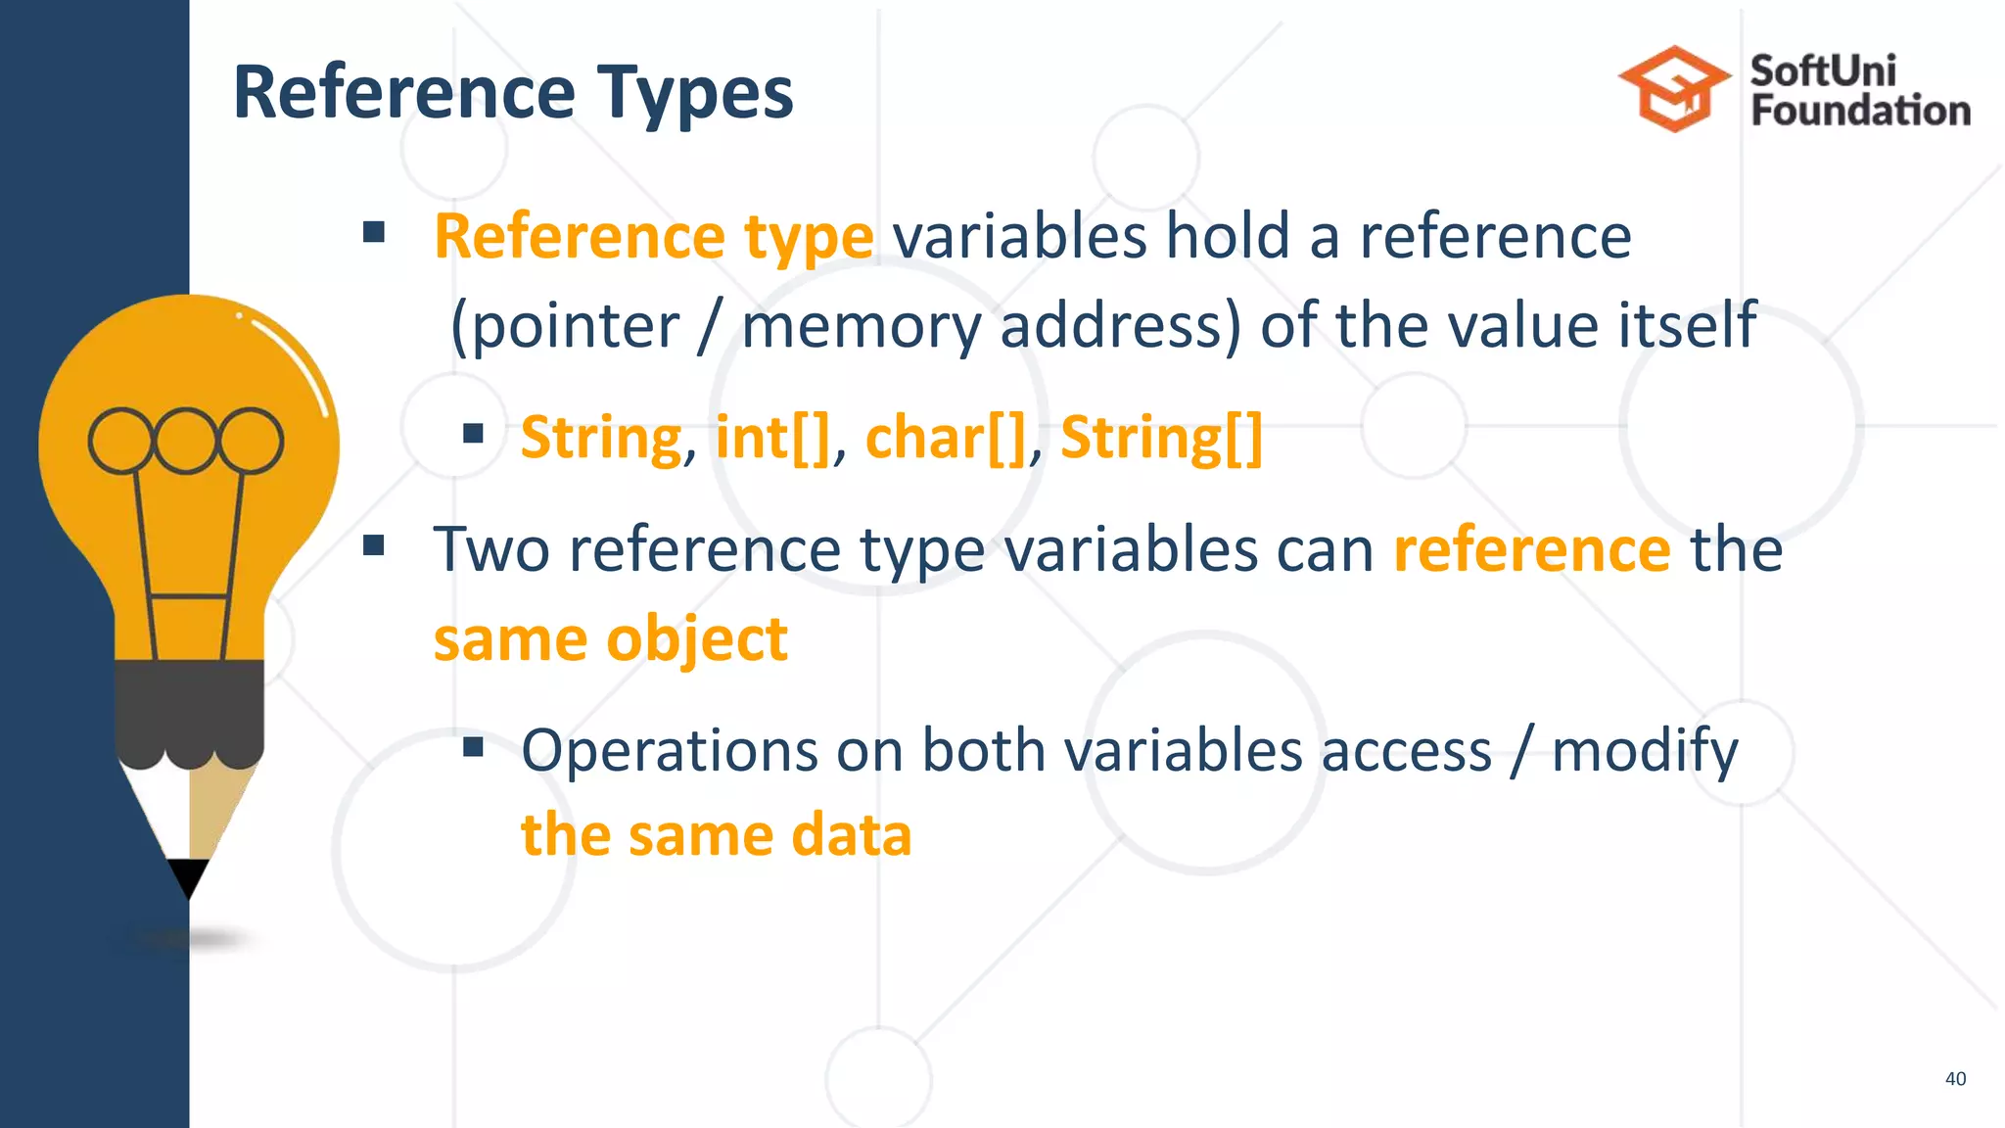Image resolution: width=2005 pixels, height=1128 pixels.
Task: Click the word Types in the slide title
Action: click(695, 93)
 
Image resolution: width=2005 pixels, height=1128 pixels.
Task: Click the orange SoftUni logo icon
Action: click(1673, 89)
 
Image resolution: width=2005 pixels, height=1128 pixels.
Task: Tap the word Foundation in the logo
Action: click(1860, 111)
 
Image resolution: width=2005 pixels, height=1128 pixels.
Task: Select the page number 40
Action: click(1955, 1078)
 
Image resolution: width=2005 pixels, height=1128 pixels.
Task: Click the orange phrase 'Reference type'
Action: click(653, 237)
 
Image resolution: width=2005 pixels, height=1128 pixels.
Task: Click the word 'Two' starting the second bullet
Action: click(491, 549)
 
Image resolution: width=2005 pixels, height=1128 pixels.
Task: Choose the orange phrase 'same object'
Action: click(610, 639)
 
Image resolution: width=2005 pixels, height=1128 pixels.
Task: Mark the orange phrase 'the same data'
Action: click(716, 835)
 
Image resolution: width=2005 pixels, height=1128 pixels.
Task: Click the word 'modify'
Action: click(1645, 751)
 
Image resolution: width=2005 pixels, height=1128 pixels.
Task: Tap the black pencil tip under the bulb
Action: click(188, 875)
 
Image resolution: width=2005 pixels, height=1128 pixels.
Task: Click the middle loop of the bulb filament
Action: click(186, 441)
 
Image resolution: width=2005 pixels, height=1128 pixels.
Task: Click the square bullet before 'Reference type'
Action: click(373, 232)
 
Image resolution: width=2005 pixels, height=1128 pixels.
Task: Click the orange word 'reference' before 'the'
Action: click(1531, 549)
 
